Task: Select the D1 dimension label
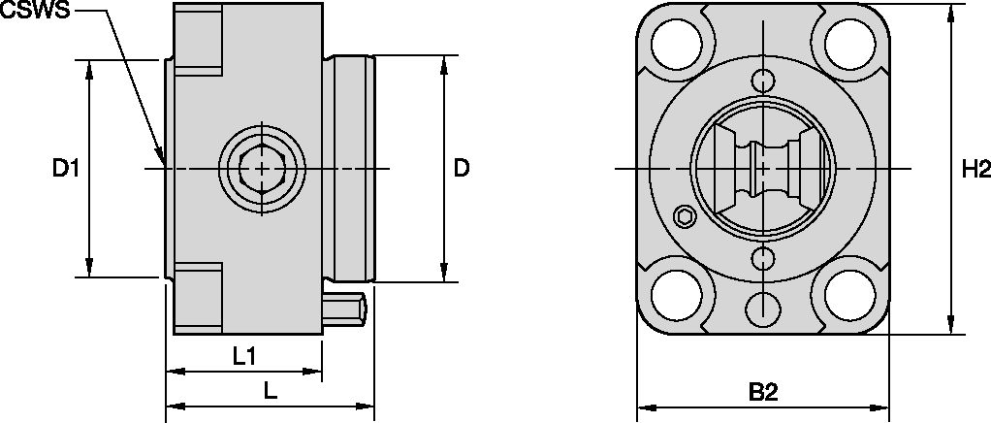tap(65, 169)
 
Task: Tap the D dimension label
tap(462, 169)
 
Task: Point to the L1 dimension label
tap(244, 356)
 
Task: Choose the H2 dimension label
tap(975, 169)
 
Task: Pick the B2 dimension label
tap(763, 393)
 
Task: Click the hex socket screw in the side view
tap(260, 169)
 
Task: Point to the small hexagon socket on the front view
tap(685, 215)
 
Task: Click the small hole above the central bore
tap(763, 81)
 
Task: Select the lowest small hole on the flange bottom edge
tap(763, 309)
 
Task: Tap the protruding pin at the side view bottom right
tap(345, 310)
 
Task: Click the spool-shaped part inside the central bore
tap(763, 169)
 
